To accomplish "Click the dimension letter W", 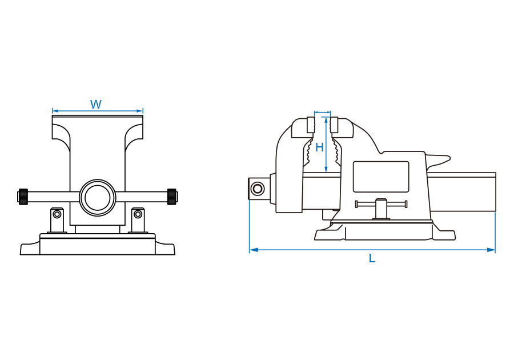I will coord(96,105).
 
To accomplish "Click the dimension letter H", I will coord(319,147).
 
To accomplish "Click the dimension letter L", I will coord(372,258).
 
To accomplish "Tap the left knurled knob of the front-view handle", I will coord(23,197).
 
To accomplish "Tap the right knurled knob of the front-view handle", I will coord(172,197).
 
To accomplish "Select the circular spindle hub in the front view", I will coord(98,197).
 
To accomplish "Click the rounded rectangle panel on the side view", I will coord(381,177).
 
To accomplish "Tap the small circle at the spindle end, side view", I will coord(258,189).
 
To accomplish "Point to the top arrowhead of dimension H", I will coord(326,120).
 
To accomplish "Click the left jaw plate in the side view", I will coord(311,125).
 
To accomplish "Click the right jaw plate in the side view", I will coord(334,125).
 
